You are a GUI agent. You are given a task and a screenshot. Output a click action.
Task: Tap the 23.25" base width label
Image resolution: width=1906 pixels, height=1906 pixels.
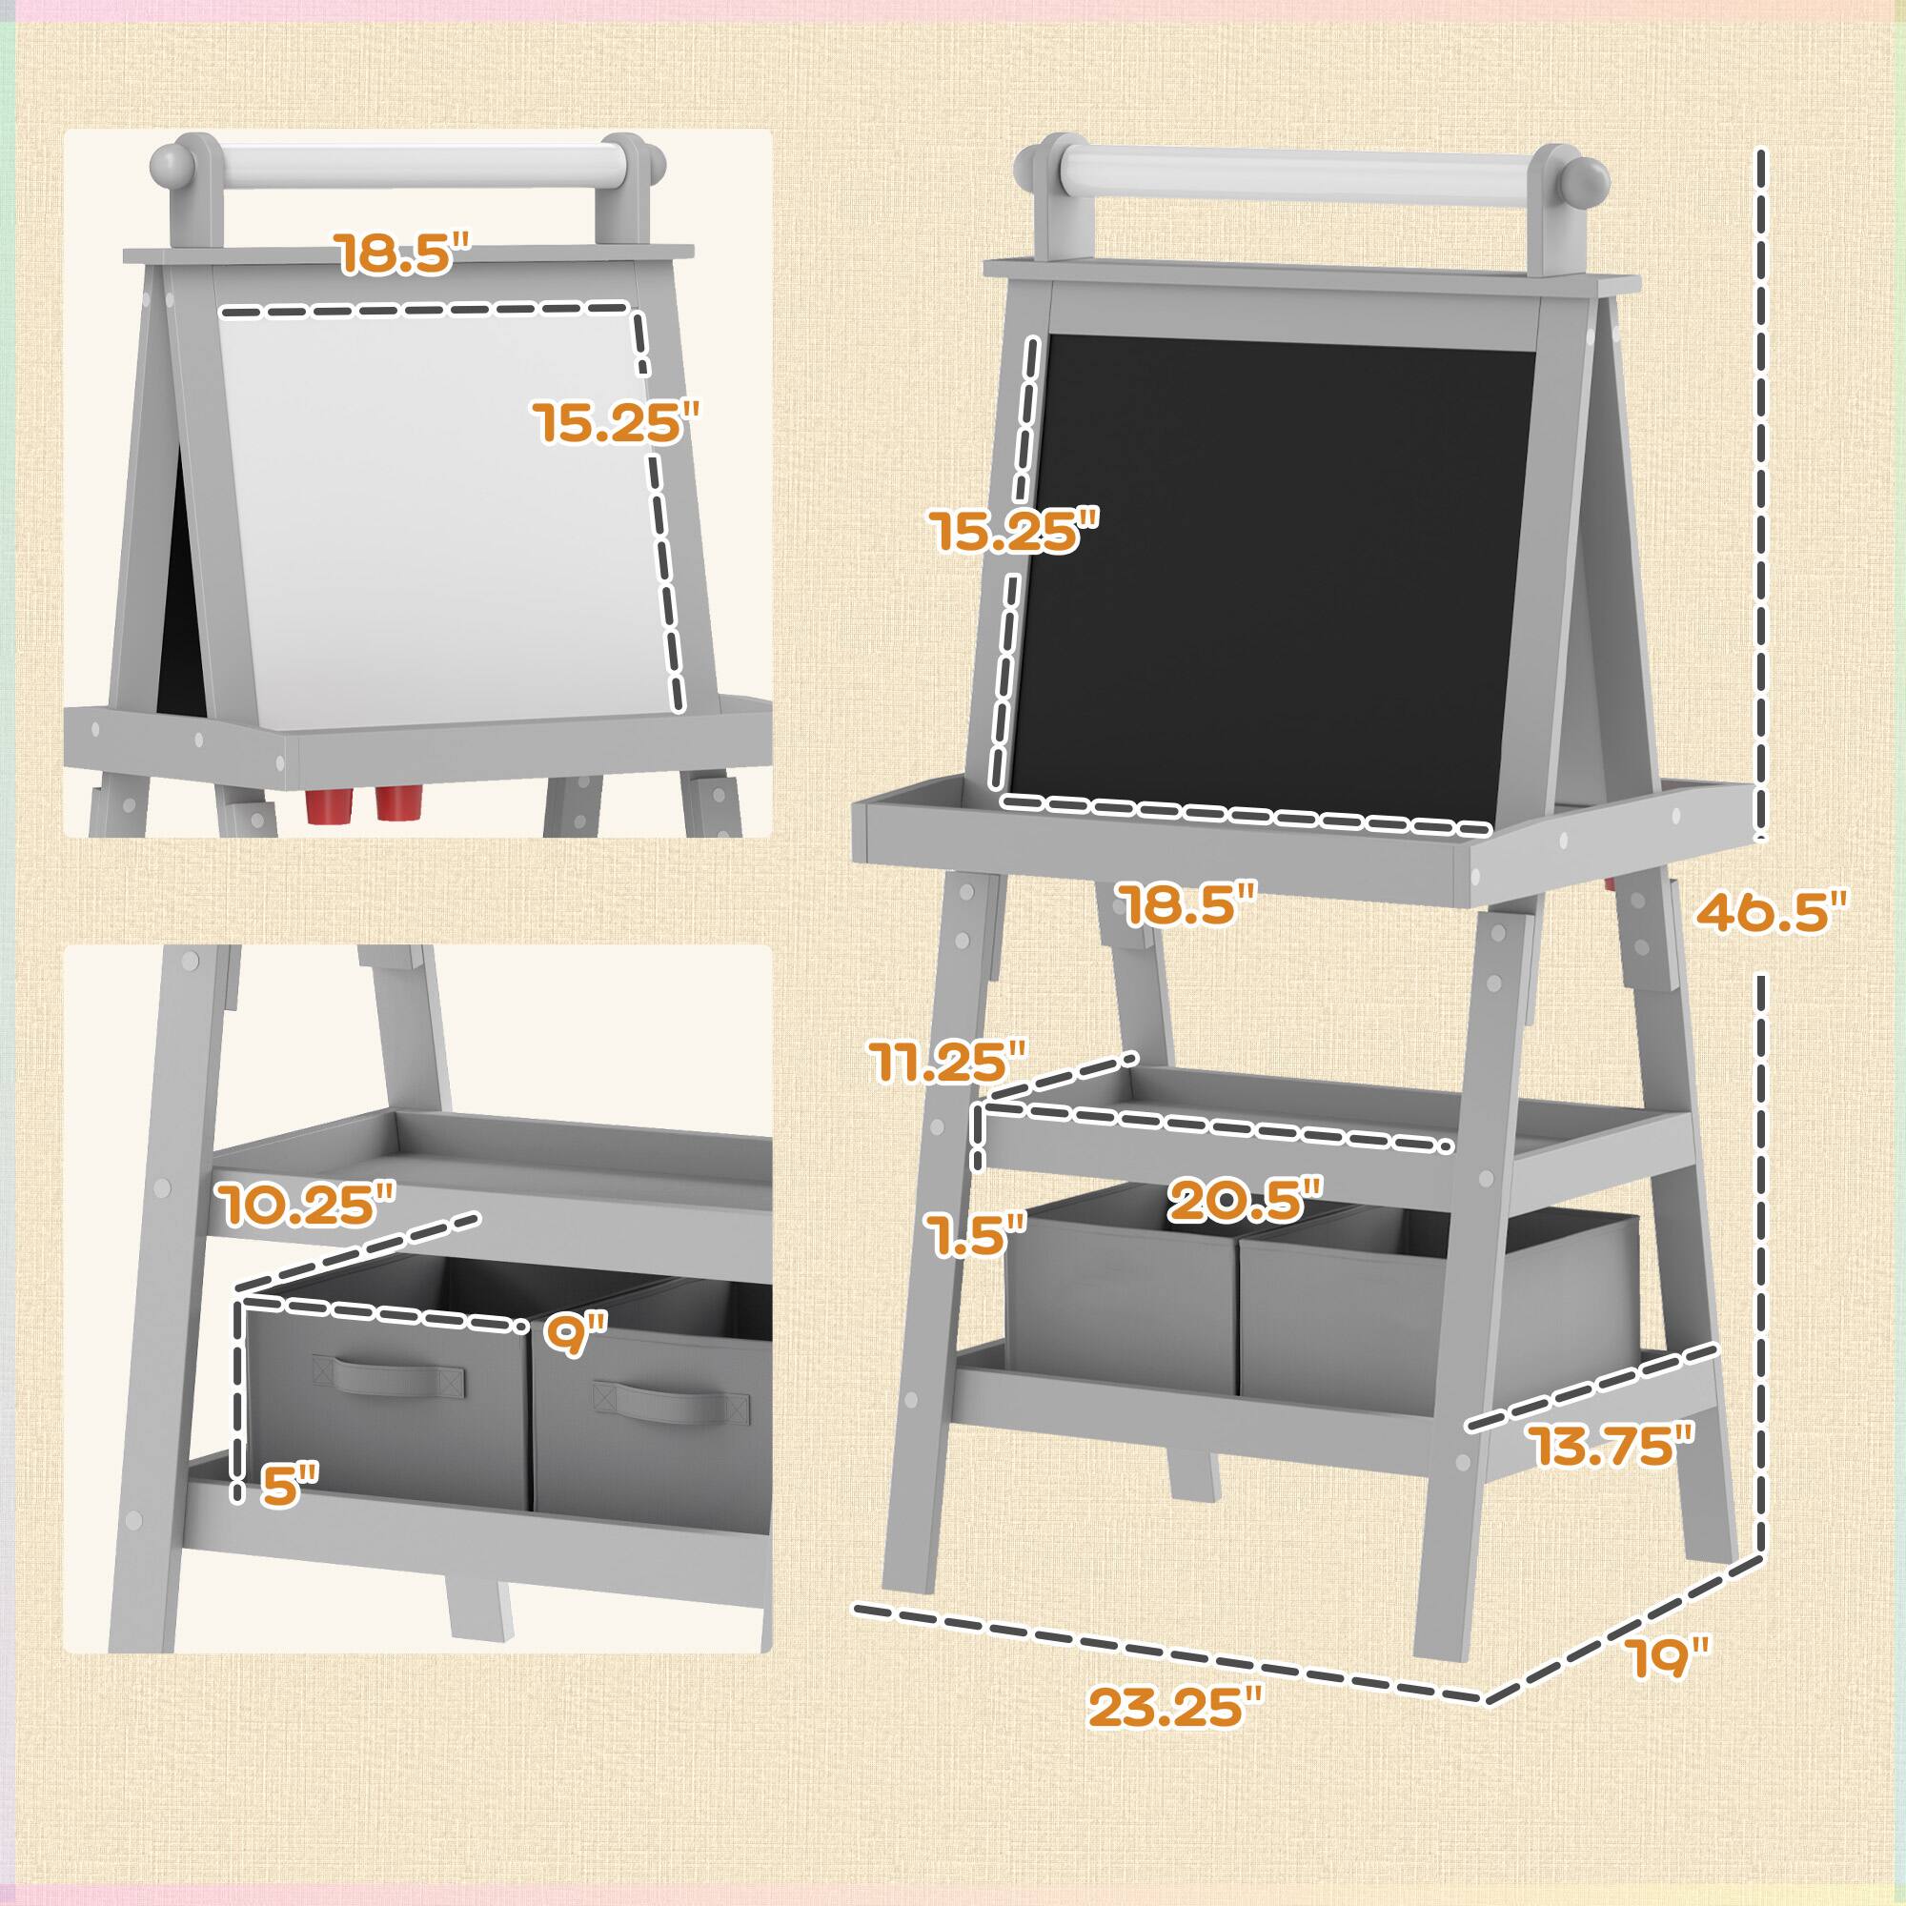point(1174,1708)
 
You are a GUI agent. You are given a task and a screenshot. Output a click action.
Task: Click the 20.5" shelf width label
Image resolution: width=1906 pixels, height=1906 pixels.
point(1245,1201)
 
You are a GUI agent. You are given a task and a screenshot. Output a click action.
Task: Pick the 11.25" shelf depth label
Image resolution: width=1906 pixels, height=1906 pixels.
point(948,1061)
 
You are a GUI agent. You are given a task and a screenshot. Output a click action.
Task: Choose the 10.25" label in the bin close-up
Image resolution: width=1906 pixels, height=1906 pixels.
point(307,1205)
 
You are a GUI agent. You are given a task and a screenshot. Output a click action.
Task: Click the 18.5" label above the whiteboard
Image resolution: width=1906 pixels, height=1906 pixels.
point(405,253)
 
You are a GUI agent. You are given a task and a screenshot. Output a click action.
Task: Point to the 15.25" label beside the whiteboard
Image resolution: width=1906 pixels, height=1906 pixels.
point(617,422)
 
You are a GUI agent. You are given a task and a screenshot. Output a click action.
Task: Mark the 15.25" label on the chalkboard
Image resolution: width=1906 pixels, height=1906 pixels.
point(1015,531)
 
